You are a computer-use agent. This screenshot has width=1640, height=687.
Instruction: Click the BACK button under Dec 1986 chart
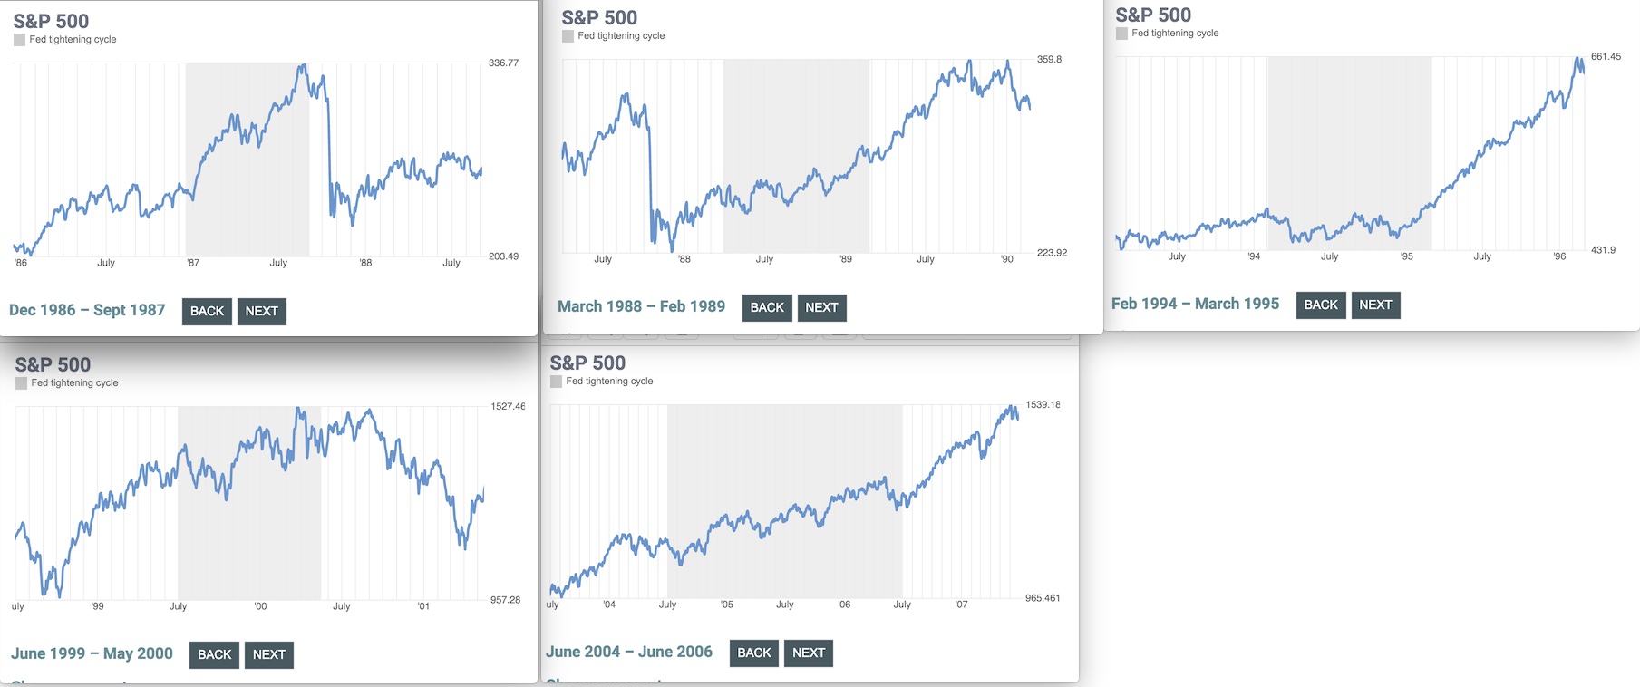coord(207,311)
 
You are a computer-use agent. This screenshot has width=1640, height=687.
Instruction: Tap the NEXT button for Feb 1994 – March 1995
coord(1375,305)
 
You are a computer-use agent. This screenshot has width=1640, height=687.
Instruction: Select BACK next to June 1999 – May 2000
coord(214,654)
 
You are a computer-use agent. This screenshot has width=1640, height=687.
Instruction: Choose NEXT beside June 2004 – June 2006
coord(809,653)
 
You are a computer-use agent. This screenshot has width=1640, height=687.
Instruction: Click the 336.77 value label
coord(503,63)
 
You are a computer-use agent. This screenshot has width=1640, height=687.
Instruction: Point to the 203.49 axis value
coord(503,256)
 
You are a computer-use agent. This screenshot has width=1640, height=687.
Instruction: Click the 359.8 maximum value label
coord(1049,60)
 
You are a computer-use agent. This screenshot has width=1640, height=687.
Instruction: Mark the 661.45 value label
coord(1606,57)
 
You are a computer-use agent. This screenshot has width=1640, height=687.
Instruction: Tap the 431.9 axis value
coord(1603,250)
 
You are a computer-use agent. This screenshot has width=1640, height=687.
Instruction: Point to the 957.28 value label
coord(505,600)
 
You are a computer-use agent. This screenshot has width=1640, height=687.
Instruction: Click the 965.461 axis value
coord(1043,598)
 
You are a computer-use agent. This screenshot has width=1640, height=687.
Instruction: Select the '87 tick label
coord(193,263)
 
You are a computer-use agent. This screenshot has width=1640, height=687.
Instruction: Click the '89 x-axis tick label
coord(846,259)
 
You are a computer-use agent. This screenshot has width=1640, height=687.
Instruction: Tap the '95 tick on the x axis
coord(1406,256)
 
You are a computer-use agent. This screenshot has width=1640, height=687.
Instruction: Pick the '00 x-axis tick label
coord(260,606)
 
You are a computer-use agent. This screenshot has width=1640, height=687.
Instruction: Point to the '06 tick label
coord(844,605)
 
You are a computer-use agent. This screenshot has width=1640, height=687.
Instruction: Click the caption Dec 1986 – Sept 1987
coord(87,310)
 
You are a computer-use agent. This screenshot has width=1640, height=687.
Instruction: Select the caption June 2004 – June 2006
coord(629,652)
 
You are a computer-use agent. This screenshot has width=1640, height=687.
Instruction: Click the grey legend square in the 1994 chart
coord(1121,34)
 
